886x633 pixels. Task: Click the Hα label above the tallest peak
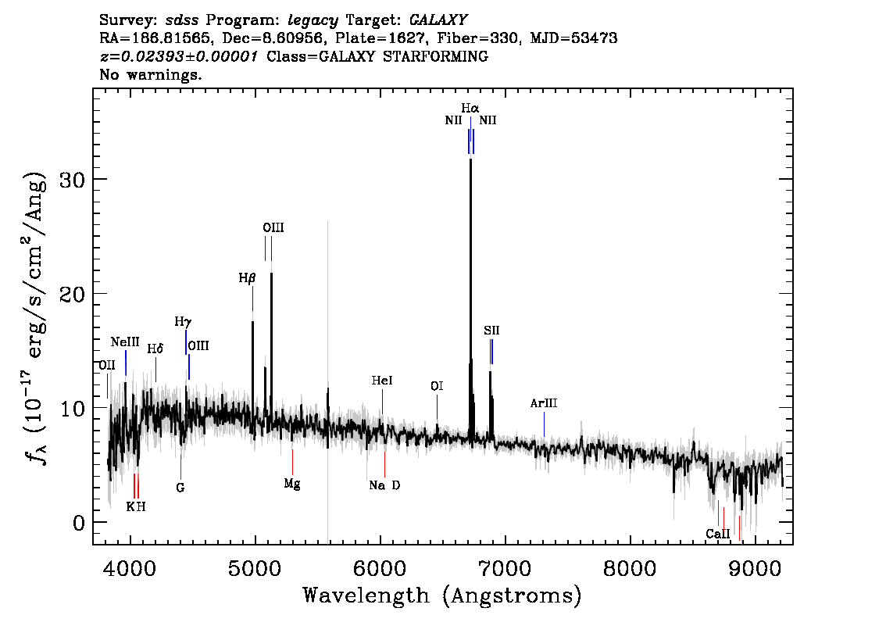pyautogui.click(x=470, y=108)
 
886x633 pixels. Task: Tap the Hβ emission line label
pyautogui.click(x=247, y=278)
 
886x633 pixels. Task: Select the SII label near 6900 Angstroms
pyautogui.click(x=491, y=331)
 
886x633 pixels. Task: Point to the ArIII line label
pyautogui.click(x=544, y=403)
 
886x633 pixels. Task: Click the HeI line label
pyautogui.click(x=382, y=381)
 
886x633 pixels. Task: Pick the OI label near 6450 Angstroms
pyautogui.click(x=437, y=386)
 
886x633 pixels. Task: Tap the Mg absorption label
pyautogui.click(x=292, y=485)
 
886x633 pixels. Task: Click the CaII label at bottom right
pyautogui.click(x=717, y=534)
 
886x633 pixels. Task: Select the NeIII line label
pyautogui.click(x=125, y=342)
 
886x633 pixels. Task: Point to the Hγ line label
pyautogui.click(x=183, y=322)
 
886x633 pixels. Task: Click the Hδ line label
pyautogui.click(x=155, y=349)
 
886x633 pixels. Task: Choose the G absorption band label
pyautogui.click(x=180, y=488)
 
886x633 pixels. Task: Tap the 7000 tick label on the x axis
pyautogui.click(x=506, y=569)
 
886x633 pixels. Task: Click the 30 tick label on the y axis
pyautogui.click(x=72, y=180)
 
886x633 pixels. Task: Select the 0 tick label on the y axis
pyautogui.click(x=79, y=523)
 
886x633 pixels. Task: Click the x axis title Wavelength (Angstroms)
pyautogui.click(x=442, y=595)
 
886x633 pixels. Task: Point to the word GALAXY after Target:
pyautogui.click(x=438, y=20)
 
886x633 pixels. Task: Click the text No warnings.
pyautogui.click(x=150, y=74)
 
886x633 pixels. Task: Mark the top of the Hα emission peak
pyautogui.click(x=470, y=159)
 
